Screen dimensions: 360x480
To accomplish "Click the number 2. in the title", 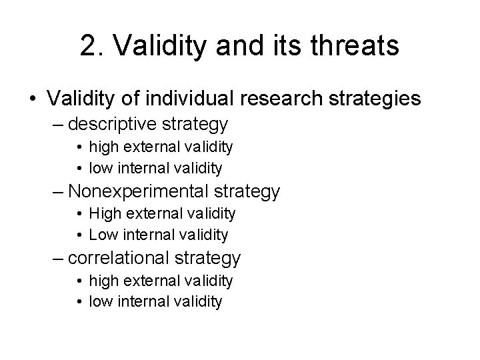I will tap(91, 46).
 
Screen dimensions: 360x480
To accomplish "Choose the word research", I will tap(283, 99).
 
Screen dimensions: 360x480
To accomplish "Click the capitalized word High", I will tap(106, 213).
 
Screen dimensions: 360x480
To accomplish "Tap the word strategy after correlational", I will tap(211, 258).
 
